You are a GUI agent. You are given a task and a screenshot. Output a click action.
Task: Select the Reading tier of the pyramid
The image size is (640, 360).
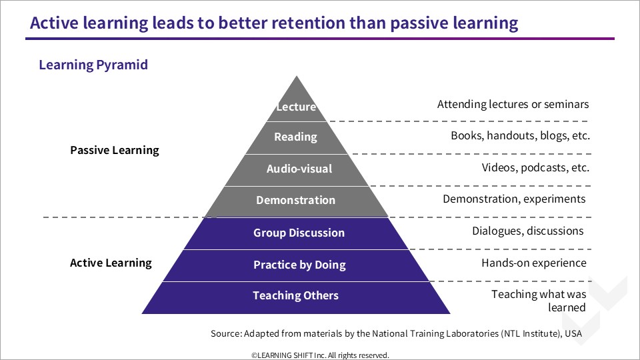(x=296, y=137)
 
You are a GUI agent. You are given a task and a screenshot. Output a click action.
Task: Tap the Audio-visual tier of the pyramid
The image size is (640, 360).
(x=297, y=170)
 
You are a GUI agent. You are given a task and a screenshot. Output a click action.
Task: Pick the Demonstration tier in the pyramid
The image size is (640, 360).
(x=296, y=201)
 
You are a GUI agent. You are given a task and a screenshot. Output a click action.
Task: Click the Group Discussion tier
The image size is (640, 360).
(x=296, y=233)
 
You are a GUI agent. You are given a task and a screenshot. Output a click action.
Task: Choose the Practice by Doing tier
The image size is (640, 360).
(x=296, y=265)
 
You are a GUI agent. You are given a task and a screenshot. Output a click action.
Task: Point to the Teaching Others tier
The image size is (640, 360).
(x=296, y=297)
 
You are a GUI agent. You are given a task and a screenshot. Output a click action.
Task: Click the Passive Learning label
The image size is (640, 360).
(x=115, y=150)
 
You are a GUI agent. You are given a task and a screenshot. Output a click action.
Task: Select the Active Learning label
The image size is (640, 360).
(x=111, y=263)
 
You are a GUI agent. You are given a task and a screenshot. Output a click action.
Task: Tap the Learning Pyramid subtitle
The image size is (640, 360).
(x=93, y=65)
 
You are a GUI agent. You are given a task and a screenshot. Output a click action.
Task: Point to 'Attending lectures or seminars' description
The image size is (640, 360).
(x=513, y=105)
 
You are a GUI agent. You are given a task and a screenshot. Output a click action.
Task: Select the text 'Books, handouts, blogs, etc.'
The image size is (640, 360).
(x=521, y=135)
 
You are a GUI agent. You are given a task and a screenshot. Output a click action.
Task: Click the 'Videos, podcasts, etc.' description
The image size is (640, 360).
(x=535, y=167)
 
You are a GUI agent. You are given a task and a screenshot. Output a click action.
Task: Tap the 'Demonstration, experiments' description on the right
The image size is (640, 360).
(x=514, y=199)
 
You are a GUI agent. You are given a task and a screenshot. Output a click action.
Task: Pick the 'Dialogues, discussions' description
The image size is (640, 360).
(x=528, y=231)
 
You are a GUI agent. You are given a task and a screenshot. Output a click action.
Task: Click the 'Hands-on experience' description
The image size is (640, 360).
(x=534, y=263)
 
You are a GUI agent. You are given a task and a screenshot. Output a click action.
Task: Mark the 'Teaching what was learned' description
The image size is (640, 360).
(x=539, y=301)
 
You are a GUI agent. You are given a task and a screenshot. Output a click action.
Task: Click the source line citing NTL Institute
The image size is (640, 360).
(x=396, y=333)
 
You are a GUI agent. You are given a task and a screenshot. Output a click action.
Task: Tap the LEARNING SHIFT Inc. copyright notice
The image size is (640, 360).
(x=321, y=355)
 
